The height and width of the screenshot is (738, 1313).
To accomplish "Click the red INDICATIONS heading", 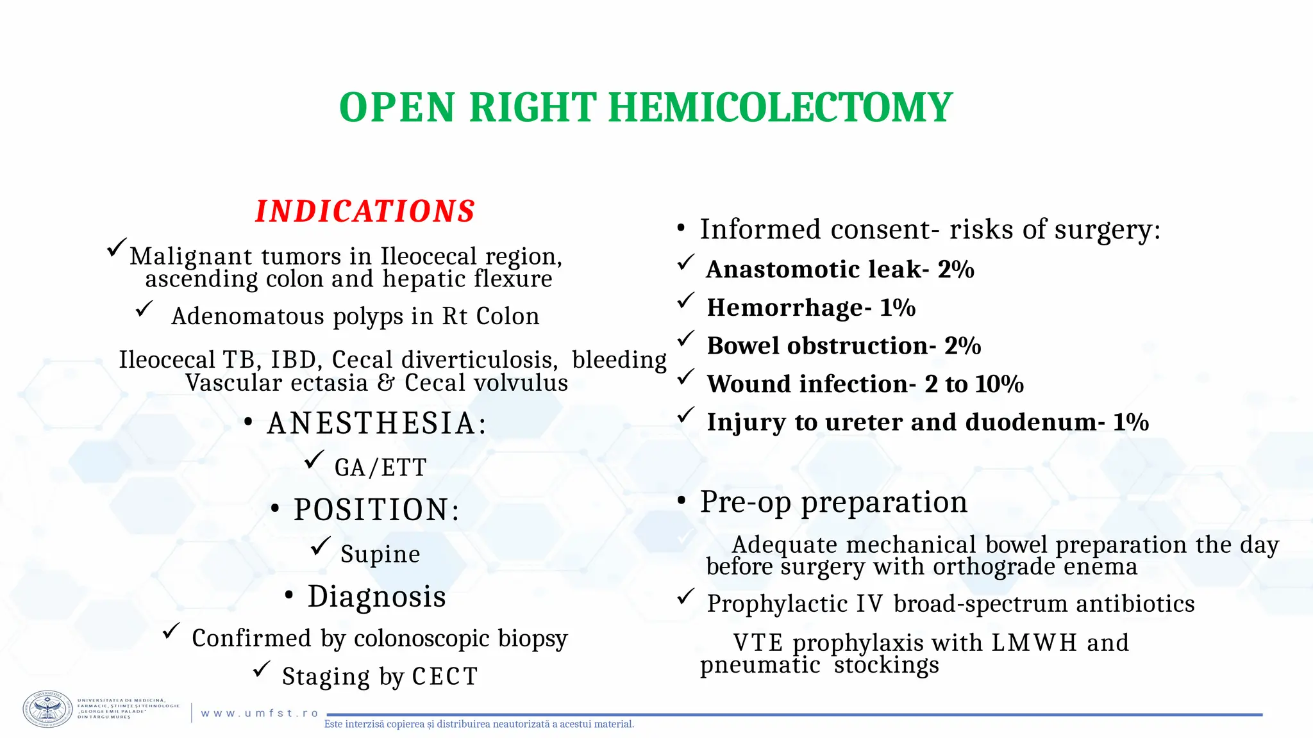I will click(365, 211).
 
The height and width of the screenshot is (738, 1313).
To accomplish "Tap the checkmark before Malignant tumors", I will click(117, 247).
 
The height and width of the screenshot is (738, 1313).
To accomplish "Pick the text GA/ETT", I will click(380, 468).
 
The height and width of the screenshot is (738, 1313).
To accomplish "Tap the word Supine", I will click(380, 554).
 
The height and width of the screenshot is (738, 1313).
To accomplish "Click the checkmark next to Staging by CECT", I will click(261, 670).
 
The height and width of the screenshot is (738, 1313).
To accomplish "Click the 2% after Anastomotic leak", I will click(955, 270).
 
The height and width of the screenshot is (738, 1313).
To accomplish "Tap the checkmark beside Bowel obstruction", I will click(686, 338).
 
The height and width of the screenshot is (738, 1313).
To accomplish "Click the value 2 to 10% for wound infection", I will click(974, 384).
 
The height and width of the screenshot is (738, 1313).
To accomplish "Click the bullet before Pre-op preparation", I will click(682, 501).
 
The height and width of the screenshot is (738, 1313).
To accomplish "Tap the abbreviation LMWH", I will click(1034, 643).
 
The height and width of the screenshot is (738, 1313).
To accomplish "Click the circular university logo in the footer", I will click(48, 709).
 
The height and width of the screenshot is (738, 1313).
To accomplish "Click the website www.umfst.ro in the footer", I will click(260, 713).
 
